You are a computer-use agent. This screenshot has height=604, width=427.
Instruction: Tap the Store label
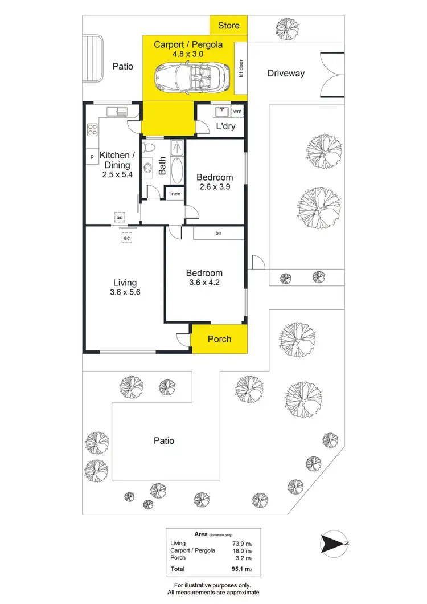[x=229, y=26]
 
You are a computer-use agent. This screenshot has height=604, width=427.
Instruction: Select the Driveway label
[x=286, y=73]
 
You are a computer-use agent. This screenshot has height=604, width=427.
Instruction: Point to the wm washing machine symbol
[x=236, y=112]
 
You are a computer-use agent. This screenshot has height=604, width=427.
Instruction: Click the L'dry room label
[x=225, y=126]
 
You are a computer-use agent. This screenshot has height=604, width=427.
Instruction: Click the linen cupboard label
[x=175, y=194]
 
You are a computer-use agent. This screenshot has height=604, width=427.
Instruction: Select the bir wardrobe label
[x=218, y=233]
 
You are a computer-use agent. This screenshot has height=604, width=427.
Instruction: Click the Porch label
[x=219, y=339]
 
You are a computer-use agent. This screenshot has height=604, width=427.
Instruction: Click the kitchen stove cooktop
[x=92, y=129]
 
